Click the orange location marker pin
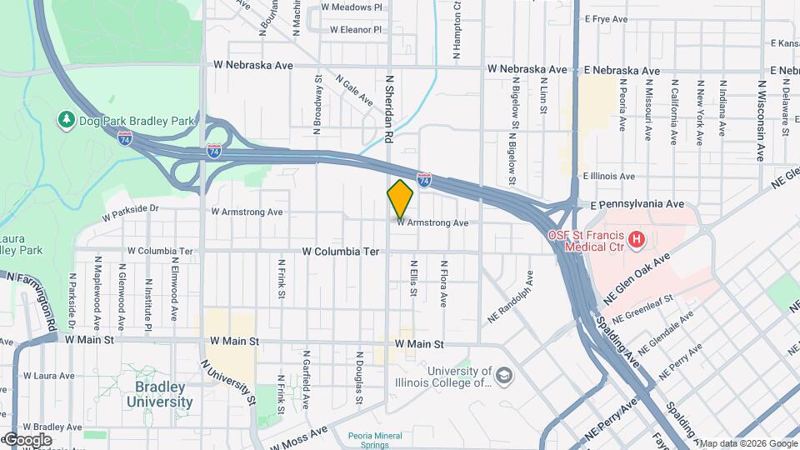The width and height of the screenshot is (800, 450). [401, 199]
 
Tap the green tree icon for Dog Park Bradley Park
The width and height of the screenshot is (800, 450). [67, 121]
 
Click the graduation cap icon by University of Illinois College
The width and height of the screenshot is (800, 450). [504, 377]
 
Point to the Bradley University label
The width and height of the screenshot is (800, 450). [159, 394]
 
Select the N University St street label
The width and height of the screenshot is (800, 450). [227, 382]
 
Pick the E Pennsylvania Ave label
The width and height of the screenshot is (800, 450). [637, 203]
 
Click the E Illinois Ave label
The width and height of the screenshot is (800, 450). [608, 177]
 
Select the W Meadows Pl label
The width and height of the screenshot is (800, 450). [352, 7]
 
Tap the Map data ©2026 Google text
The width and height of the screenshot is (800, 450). [747, 443]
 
